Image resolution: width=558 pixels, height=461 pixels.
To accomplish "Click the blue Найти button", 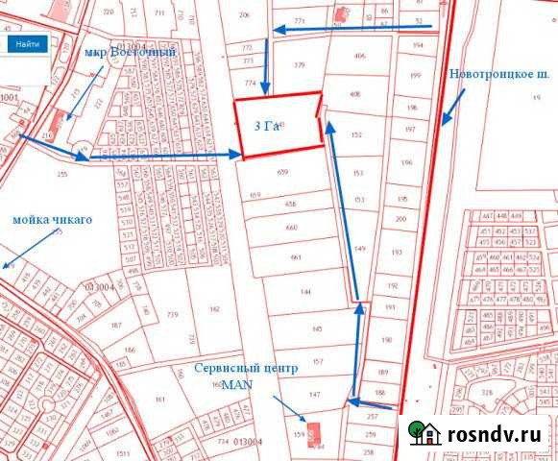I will (28, 44).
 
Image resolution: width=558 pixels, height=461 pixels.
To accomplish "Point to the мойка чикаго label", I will (53, 219).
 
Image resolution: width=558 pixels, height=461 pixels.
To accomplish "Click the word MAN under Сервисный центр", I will (235, 383).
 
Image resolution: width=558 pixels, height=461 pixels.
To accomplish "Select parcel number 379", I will (299, 65).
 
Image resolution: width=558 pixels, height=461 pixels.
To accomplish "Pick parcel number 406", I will (359, 57).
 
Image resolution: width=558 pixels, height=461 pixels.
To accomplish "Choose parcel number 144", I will (303, 290).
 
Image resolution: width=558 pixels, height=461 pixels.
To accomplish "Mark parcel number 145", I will (318, 328).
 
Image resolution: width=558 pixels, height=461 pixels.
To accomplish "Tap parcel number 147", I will (314, 395).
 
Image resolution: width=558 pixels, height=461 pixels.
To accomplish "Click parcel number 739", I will (173, 315).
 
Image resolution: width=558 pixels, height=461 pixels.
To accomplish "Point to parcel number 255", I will (63, 174).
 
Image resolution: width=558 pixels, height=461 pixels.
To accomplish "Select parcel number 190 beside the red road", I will (387, 340).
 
